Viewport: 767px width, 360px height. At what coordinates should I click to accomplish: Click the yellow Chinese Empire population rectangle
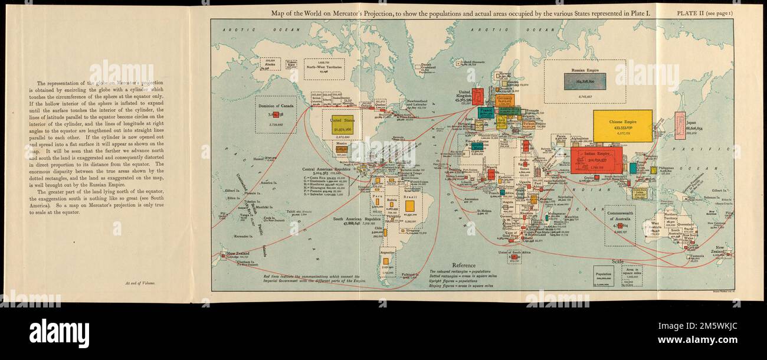click(622, 126)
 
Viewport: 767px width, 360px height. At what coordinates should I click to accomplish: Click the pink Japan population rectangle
click(680, 126)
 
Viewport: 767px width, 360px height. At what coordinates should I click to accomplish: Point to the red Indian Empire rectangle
click(596, 160)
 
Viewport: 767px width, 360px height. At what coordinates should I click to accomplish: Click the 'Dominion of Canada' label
click(276, 106)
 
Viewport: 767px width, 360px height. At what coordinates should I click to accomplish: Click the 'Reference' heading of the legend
click(464, 266)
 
